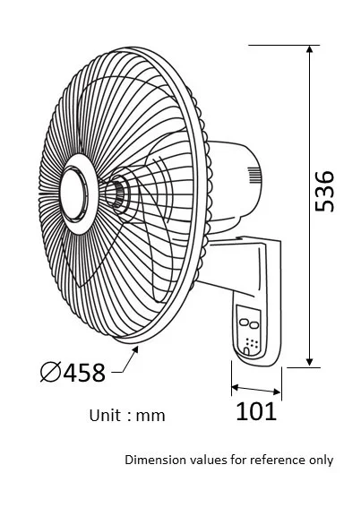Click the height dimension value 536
[x=324, y=191]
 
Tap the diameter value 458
[x=84, y=373]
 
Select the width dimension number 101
[x=256, y=411]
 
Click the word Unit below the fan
[x=105, y=416]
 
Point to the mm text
[x=150, y=417]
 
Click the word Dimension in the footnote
[x=156, y=460]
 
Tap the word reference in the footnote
[x=278, y=460]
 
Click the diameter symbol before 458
[x=51, y=372]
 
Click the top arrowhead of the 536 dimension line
[x=310, y=49]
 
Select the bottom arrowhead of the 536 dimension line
[x=310, y=363]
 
